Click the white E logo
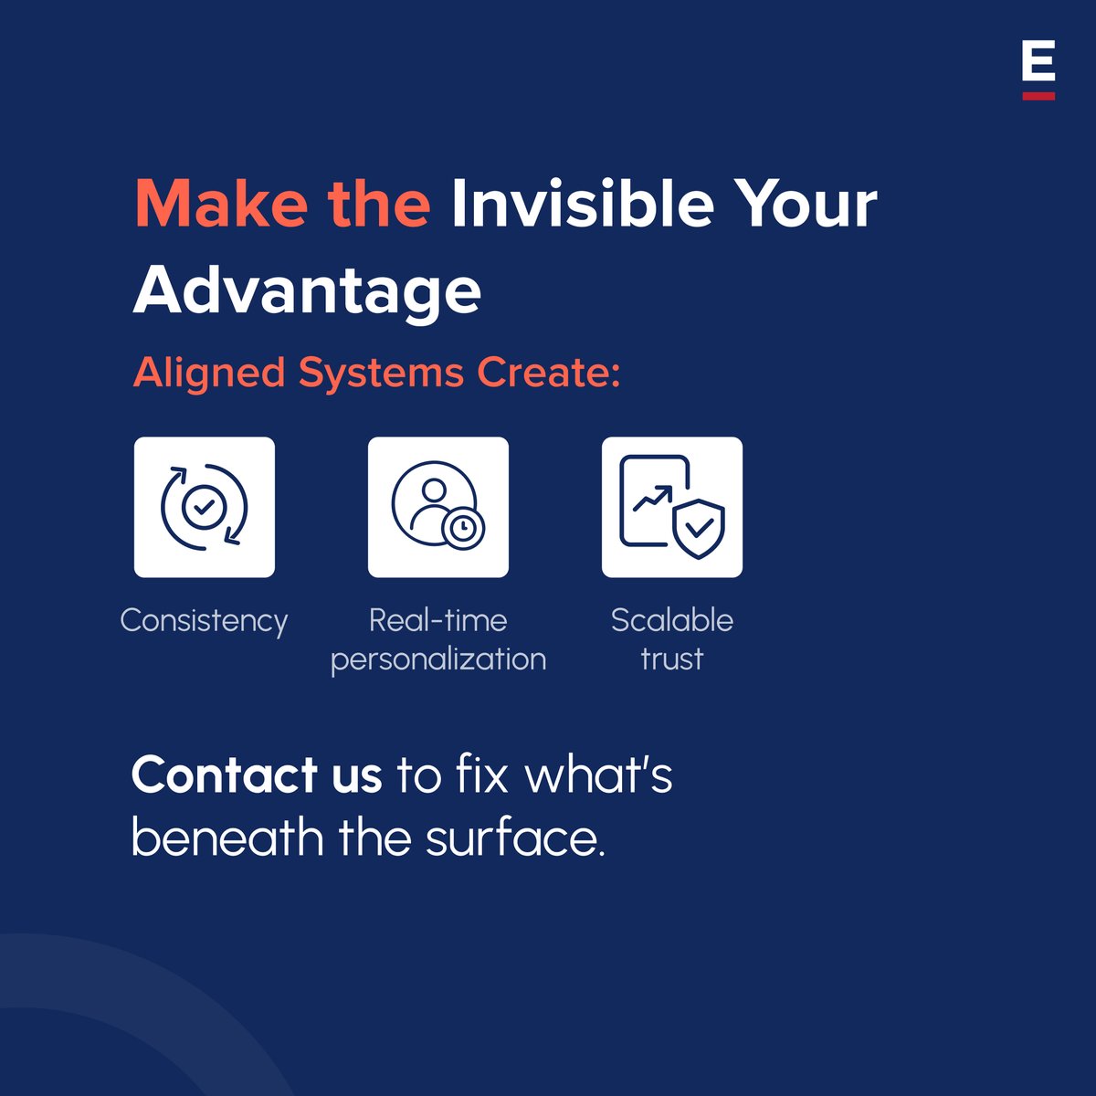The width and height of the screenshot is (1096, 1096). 1038,63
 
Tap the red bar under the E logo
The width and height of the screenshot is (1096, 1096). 1038,95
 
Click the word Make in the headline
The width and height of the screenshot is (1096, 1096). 219,204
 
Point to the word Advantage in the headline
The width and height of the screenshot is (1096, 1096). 307,291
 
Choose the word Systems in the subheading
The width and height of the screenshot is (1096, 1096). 381,374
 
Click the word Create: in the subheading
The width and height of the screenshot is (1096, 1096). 550,374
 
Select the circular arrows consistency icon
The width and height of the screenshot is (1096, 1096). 205,507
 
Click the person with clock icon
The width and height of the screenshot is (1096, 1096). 438,507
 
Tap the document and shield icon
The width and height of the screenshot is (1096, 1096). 672,507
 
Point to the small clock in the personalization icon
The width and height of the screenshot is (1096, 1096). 464,528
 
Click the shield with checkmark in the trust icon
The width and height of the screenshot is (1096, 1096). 699,528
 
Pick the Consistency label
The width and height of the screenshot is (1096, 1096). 205,621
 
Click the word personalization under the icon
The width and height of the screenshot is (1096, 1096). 438,659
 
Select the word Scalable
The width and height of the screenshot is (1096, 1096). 672,621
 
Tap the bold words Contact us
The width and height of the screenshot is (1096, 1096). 257,775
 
